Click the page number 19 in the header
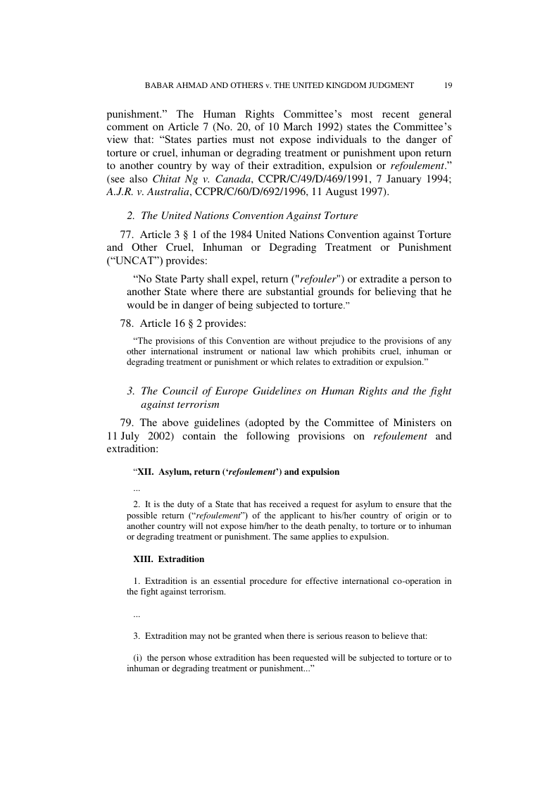pyautogui.click(x=448, y=85)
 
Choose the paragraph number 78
pyautogui.click(x=127, y=323)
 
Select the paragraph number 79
pyautogui.click(x=127, y=423)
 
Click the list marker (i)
pyautogui.click(x=139, y=659)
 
